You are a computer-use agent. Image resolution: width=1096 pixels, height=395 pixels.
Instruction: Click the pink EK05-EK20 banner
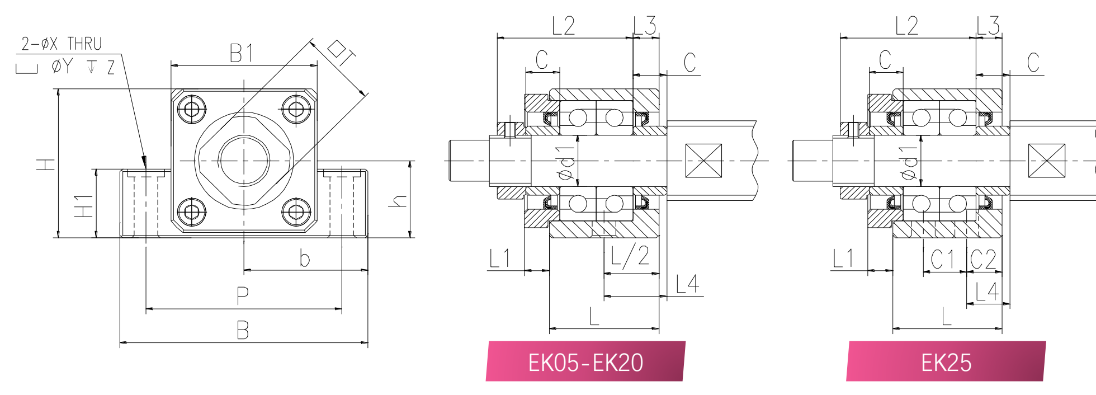(x=585, y=361)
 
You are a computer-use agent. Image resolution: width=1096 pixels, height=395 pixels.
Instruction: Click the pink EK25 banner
(x=946, y=361)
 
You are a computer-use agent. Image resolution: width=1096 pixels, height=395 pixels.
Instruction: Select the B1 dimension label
(x=242, y=53)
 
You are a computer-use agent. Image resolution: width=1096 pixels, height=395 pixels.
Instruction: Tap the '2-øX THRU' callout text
(x=62, y=44)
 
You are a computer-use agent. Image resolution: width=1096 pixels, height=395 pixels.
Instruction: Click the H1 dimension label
(x=83, y=206)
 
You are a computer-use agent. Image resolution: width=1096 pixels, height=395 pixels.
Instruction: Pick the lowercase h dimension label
(x=398, y=201)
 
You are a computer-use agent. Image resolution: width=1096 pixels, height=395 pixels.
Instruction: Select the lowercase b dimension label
(x=304, y=258)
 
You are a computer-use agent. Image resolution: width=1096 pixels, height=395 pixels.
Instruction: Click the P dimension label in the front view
(x=242, y=295)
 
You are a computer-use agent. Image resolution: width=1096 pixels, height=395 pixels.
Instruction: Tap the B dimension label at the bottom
(x=242, y=330)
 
